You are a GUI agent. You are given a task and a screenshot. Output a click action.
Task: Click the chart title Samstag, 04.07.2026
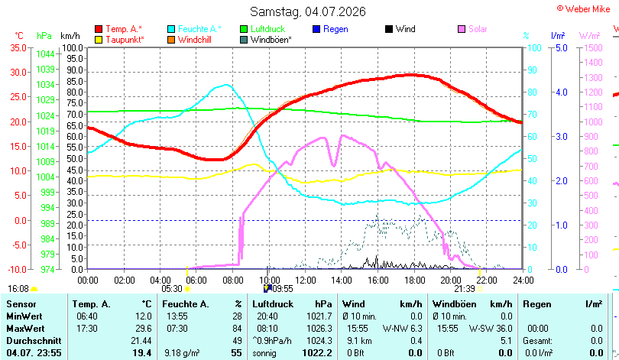click(x=308, y=11)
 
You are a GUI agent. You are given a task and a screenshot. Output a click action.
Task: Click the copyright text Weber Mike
click(x=588, y=9)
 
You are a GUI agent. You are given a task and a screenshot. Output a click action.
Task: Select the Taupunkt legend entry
click(x=120, y=40)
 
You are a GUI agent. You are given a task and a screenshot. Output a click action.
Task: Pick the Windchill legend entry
click(x=190, y=40)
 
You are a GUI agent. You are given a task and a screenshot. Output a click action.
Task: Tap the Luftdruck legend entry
click(x=263, y=29)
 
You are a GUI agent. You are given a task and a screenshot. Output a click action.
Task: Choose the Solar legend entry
click(x=473, y=29)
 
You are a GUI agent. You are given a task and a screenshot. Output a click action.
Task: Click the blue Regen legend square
click(x=316, y=29)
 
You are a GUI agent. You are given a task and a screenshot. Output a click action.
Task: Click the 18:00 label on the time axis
click(x=414, y=281)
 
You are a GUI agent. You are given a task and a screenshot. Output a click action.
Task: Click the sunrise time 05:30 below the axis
click(x=172, y=289)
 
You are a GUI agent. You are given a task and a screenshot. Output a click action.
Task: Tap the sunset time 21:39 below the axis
click(x=465, y=289)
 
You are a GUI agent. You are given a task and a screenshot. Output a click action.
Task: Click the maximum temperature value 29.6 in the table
click(x=144, y=329)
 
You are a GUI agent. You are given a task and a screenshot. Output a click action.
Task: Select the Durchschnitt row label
click(x=34, y=341)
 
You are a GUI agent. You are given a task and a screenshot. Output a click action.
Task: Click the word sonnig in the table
click(x=264, y=353)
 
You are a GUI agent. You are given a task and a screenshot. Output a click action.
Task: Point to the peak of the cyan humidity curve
click(x=226, y=85)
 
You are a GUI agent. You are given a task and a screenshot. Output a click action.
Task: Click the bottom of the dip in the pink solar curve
click(x=334, y=166)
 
